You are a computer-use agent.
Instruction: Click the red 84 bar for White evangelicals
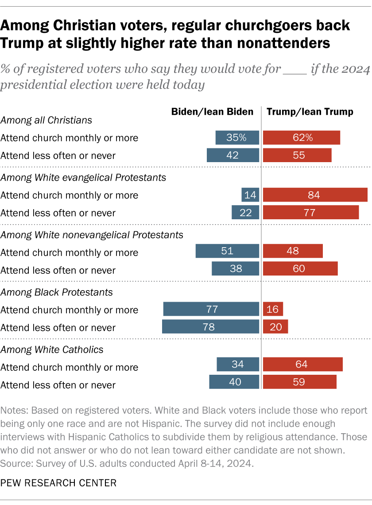tap(315, 195)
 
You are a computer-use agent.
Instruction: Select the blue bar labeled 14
tap(250, 195)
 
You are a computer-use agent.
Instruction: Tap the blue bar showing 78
tap(210, 327)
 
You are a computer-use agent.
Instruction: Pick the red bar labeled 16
tap(273, 310)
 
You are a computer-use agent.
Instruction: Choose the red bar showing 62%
tap(301, 137)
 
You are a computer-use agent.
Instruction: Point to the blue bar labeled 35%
tap(237, 137)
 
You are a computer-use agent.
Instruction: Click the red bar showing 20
tap(275, 327)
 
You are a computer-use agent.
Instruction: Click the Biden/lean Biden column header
tap(212, 112)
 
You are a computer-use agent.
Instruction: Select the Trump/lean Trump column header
tap(310, 112)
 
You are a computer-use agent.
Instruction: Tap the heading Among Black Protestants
tap(57, 292)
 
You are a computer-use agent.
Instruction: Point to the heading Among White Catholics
tap(52, 350)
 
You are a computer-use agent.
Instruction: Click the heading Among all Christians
tap(46, 120)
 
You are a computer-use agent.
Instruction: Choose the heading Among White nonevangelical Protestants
tap(92, 235)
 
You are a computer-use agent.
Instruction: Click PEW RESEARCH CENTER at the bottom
tap(58, 482)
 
